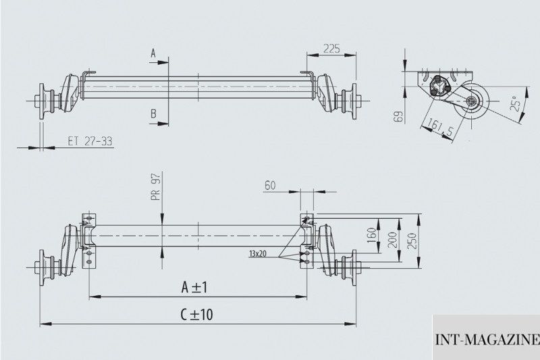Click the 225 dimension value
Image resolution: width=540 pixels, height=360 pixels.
tap(331, 49)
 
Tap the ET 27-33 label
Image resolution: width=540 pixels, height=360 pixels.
tap(90, 141)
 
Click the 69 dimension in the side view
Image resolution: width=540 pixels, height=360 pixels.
tap(398, 116)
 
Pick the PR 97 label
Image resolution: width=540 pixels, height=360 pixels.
tap(156, 187)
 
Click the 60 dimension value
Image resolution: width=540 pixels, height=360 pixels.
tap(270, 185)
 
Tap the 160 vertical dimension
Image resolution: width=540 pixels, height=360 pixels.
tap(371, 235)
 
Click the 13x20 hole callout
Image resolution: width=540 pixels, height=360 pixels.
tap(258, 254)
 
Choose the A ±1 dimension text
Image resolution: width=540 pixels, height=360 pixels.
tap(194, 287)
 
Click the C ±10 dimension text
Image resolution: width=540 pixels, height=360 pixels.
tap(196, 315)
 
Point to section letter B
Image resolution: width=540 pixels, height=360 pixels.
tap(154, 113)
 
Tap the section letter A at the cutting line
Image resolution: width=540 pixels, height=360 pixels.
tap(153, 53)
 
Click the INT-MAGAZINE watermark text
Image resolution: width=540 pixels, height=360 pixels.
tap(487, 340)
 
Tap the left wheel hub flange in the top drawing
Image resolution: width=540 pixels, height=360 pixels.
tap(42, 101)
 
